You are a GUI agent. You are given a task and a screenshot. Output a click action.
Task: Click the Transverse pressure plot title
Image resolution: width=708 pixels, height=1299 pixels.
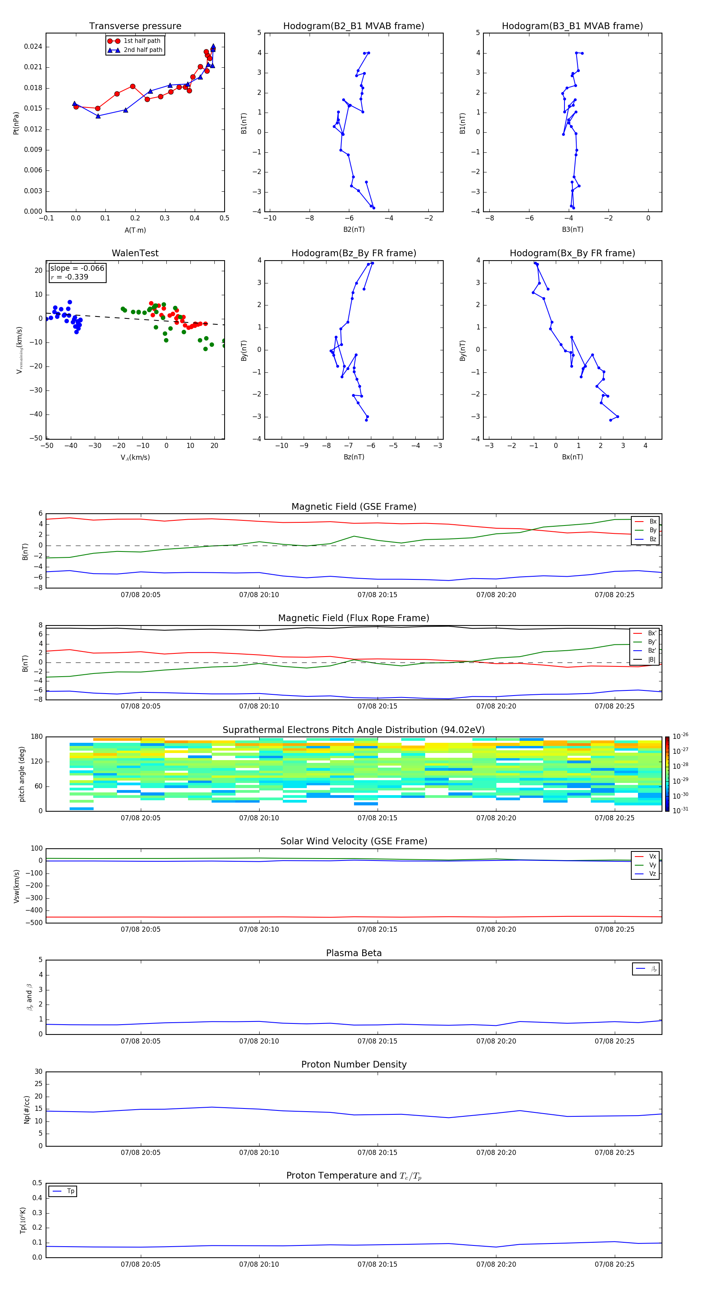pyautogui.click(x=135, y=26)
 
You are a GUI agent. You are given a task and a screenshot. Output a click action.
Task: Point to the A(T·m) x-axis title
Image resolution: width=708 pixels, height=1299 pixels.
pyautogui.click(x=135, y=230)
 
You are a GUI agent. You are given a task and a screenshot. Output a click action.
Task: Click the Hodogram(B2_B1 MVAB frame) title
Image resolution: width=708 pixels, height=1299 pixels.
pyautogui.click(x=353, y=26)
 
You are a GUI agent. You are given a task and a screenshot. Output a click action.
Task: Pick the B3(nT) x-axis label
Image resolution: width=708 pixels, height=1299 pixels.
pyautogui.click(x=572, y=230)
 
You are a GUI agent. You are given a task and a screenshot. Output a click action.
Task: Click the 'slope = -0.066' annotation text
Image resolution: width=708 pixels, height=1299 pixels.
pyautogui.click(x=77, y=268)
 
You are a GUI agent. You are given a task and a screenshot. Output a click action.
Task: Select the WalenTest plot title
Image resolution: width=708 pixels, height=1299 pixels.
pyautogui.click(x=135, y=253)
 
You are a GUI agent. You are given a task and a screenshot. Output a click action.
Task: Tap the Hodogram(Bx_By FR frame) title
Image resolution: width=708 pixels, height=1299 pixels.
pyautogui.click(x=572, y=253)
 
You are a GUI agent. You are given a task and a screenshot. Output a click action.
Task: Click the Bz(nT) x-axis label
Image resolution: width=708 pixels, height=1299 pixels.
pyautogui.click(x=354, y=457)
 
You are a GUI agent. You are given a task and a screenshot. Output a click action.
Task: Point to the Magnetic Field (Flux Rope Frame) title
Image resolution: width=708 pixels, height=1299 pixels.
pyautogui.click(x=353, y=618)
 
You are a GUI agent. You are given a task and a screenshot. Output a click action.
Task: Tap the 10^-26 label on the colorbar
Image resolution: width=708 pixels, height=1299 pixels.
pyautogui.click(x=680, y=736)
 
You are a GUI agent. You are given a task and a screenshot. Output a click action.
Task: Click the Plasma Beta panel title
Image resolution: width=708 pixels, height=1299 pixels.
pyautogui.click(x=353, y=953)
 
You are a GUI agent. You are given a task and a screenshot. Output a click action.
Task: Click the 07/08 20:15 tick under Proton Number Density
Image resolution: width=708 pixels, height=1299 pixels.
pyautogui.click(x=378, y=1152)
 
